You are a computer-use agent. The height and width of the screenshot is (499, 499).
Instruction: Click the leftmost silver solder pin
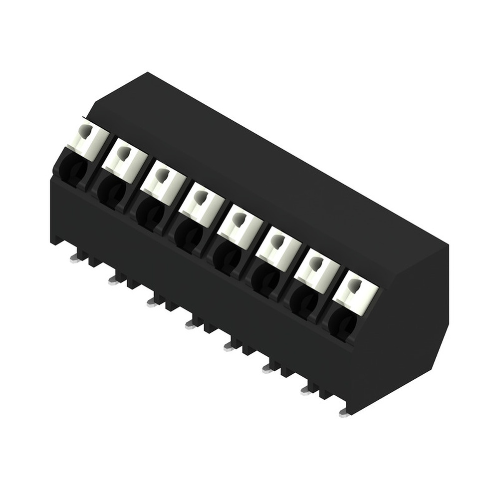point(75,258)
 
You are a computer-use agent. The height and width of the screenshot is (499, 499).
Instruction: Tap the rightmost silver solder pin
point(343,413)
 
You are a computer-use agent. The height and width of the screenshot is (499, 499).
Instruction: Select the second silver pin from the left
point(113,280)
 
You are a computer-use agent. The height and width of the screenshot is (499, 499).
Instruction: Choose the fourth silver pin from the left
point(190,325)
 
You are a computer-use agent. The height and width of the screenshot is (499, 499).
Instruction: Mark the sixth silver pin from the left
point(267,369)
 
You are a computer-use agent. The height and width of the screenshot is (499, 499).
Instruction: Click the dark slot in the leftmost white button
point(87,132)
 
